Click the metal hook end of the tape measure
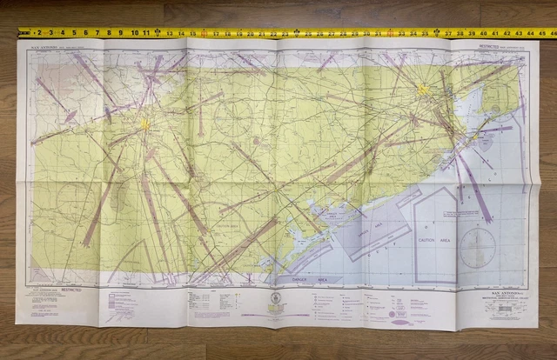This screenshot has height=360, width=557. click(x=20, y=33)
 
